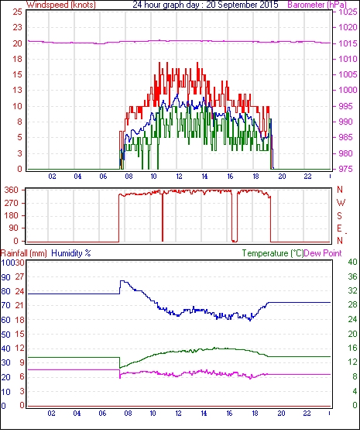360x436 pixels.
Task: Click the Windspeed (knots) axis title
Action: click(x=61, y=5)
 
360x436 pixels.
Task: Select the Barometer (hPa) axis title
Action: click(x=317, y=5)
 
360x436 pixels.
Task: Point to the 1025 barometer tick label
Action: click(x=348, y=12)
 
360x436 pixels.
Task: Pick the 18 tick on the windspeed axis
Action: click(x=18, y=59)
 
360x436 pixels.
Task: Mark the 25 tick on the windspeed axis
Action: click(x=18, y=12)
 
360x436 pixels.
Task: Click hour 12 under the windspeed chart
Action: click(x=179, y=177)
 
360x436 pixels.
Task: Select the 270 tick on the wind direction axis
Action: click(x=12, y=203)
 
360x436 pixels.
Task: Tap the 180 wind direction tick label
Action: click(x=12, y=215)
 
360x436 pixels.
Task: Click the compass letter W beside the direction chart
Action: click(x=341, y=203)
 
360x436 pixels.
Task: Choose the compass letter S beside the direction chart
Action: click(x=339, y=215)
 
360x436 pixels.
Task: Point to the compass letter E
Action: click(x=339, y=228)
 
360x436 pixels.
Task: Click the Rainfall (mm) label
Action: click(x=24, y=253)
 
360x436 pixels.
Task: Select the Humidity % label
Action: click(x=71, y=253)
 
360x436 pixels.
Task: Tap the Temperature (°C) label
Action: click(x=273, y=253)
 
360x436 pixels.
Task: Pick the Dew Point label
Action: click(x=323, y=253)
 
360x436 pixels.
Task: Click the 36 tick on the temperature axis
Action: click(x=352, y=276)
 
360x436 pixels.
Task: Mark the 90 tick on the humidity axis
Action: click(x=6, y=277)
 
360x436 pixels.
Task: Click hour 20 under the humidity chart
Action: click(x=281, y=414)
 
